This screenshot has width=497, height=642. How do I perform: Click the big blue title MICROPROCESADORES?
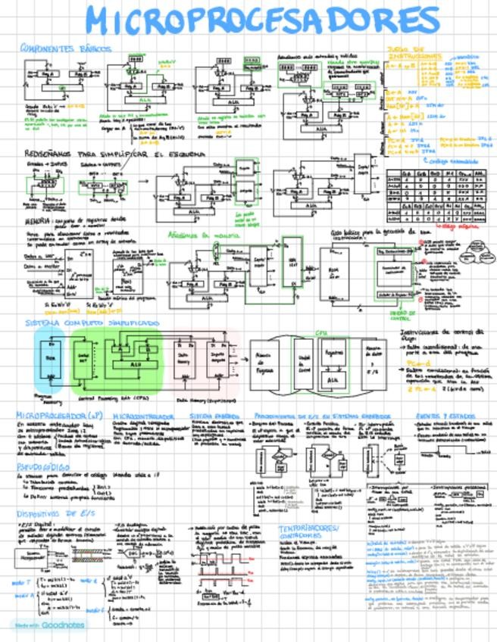[x=261, y=20]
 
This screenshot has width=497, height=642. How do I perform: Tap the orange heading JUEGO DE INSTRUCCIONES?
[x=413, y=55]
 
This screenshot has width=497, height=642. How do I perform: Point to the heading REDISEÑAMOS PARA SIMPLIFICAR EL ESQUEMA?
[x=114, y=154]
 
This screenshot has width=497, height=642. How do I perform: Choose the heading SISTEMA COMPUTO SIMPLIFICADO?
[x=93, y=323]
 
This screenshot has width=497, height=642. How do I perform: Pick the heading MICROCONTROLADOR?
[x=144, y=416]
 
